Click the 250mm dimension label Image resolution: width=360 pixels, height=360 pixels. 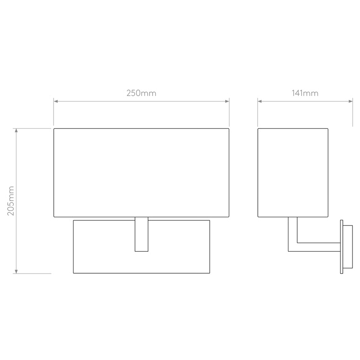click(x=141, y=93)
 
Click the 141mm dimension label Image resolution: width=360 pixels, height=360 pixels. click(x=305, y=93)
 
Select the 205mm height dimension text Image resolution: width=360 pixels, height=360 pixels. click(x=11, y=201)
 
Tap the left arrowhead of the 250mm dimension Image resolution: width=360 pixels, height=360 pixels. click(x=56, y=101)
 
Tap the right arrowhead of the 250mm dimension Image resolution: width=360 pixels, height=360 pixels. click(x=227, y=101)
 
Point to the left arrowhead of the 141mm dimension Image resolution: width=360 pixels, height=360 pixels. click(x=260, y=101)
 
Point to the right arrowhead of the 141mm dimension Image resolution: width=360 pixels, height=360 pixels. click(x=351, y=101)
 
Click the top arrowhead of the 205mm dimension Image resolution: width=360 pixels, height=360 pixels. click(x=16, y=130)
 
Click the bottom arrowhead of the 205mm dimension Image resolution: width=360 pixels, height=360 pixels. click(x=16, y=272)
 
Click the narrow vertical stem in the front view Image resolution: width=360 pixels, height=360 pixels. click(x=141, y=234)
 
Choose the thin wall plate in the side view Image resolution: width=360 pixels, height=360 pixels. click(x=342, y=247)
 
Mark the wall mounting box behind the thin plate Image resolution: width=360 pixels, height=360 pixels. click(x=348, y=247)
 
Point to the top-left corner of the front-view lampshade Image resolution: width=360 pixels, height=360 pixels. click(x=54, y=129)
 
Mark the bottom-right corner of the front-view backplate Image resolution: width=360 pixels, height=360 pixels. click(x=210, y=273)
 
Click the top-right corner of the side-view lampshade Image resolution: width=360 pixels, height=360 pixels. click(x=328, y=129)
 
